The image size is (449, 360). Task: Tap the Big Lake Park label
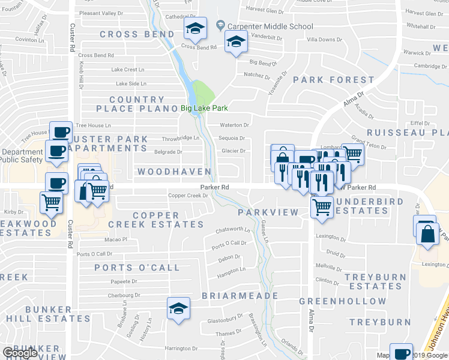(205, 109)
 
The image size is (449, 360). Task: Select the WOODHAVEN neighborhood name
(174, 172)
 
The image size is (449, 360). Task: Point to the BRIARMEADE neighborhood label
(240, 296)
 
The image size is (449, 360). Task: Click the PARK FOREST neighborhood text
(334, 80)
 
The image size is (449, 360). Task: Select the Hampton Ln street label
(232, 270)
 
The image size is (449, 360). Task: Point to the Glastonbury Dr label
(223, 320)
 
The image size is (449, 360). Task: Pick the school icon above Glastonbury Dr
(178, 308)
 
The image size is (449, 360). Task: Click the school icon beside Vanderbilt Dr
(236, 41)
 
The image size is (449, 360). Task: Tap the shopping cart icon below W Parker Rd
(322, 206)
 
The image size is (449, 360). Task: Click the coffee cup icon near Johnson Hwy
(401, 353)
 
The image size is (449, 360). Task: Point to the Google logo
(20, 353)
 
